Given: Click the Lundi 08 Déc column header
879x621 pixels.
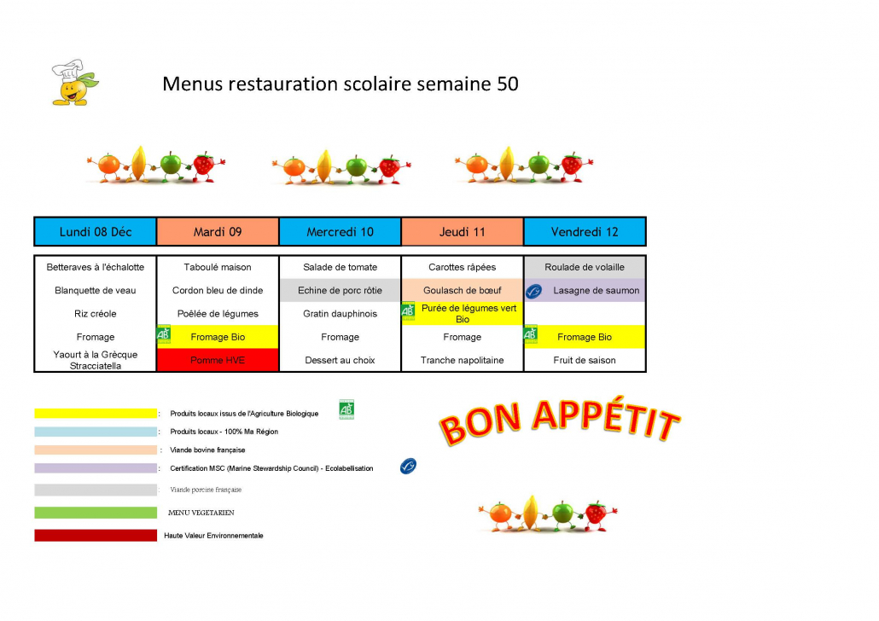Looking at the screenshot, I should pyautogui.click(x=95, y=232).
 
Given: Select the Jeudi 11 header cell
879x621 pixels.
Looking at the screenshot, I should pyautogui.click(x=462, y=232).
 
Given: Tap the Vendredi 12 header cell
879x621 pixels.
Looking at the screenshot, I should pyautogui.click(x=585, y=232).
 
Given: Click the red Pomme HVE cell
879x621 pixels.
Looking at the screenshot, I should pyautogui.click(x=218, y=360).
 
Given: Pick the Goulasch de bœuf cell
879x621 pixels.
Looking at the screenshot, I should pyautogui.click(x=462, y=291).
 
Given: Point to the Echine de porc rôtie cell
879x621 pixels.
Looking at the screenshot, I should pyautogui.click(x=340, y=291).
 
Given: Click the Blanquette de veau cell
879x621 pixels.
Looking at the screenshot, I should pyautogui.click(x=95, y=291).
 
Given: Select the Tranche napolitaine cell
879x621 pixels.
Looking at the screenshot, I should pyautogui.click(x=462, y=360).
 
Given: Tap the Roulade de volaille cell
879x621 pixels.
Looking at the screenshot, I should pyautogui.click(x=585, y=267).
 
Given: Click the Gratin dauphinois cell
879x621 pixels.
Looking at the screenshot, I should pyautogui.click(x=340, y=314).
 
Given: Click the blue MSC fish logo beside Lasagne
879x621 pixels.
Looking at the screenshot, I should pyautogui.click(x=533, y=292).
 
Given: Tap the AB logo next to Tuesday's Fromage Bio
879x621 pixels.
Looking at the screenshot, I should pyautogui.click(x=164, y=335).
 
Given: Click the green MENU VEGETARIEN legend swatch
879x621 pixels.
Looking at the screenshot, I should pyautogui.click(x=96, y=513).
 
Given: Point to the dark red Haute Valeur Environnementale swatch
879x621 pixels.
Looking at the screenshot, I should pyautogui.click(x=96, y=536).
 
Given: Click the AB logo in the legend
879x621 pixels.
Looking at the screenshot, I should pyautogui.click(x=346, y=410).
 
